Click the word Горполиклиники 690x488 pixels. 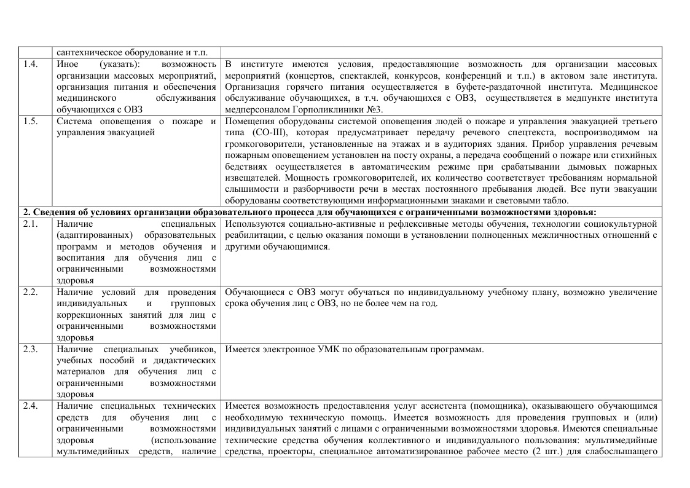(x=323, y=109)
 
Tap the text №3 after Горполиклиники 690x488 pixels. (x=373, y=109)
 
